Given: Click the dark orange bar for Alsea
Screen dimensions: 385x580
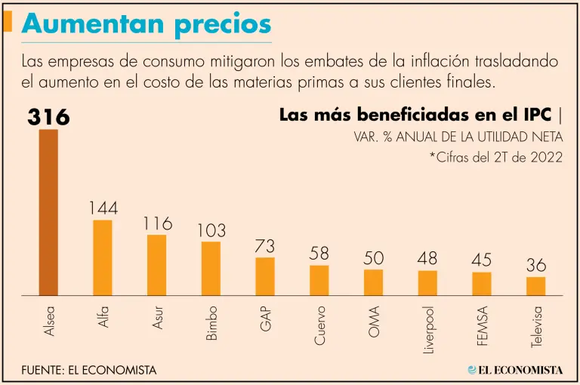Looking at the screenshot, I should (x=48, y=212).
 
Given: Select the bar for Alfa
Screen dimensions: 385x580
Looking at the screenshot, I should (x=103, y=257).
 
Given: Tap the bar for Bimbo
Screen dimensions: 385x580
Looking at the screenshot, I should (x=211, y=268).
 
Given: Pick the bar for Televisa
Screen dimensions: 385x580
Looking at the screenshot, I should (x=536, y=286).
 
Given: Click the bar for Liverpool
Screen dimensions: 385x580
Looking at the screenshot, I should (x=427, y=282).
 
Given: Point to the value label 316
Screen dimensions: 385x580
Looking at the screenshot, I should (x=49, y=117).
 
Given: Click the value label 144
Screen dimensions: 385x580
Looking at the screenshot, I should (x=103, y=208).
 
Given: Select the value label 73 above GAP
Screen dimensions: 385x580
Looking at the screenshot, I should (x=265, y=246).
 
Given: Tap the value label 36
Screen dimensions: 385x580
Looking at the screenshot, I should (x=536, y=266).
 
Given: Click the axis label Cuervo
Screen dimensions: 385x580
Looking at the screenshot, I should (x=320, y=325).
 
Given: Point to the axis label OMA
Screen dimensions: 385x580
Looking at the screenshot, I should (x=374, y=321).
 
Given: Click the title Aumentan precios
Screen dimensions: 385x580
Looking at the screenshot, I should (x=147, y=23).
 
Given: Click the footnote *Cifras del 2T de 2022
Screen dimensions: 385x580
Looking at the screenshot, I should (x=495, y=158).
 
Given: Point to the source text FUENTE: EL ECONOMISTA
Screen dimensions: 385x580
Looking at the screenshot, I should (x=89, y=370).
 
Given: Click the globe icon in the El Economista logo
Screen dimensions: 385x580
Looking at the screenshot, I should (x=473, y=369).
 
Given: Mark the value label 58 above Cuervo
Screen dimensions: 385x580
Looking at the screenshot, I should (x=319, y=254).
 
